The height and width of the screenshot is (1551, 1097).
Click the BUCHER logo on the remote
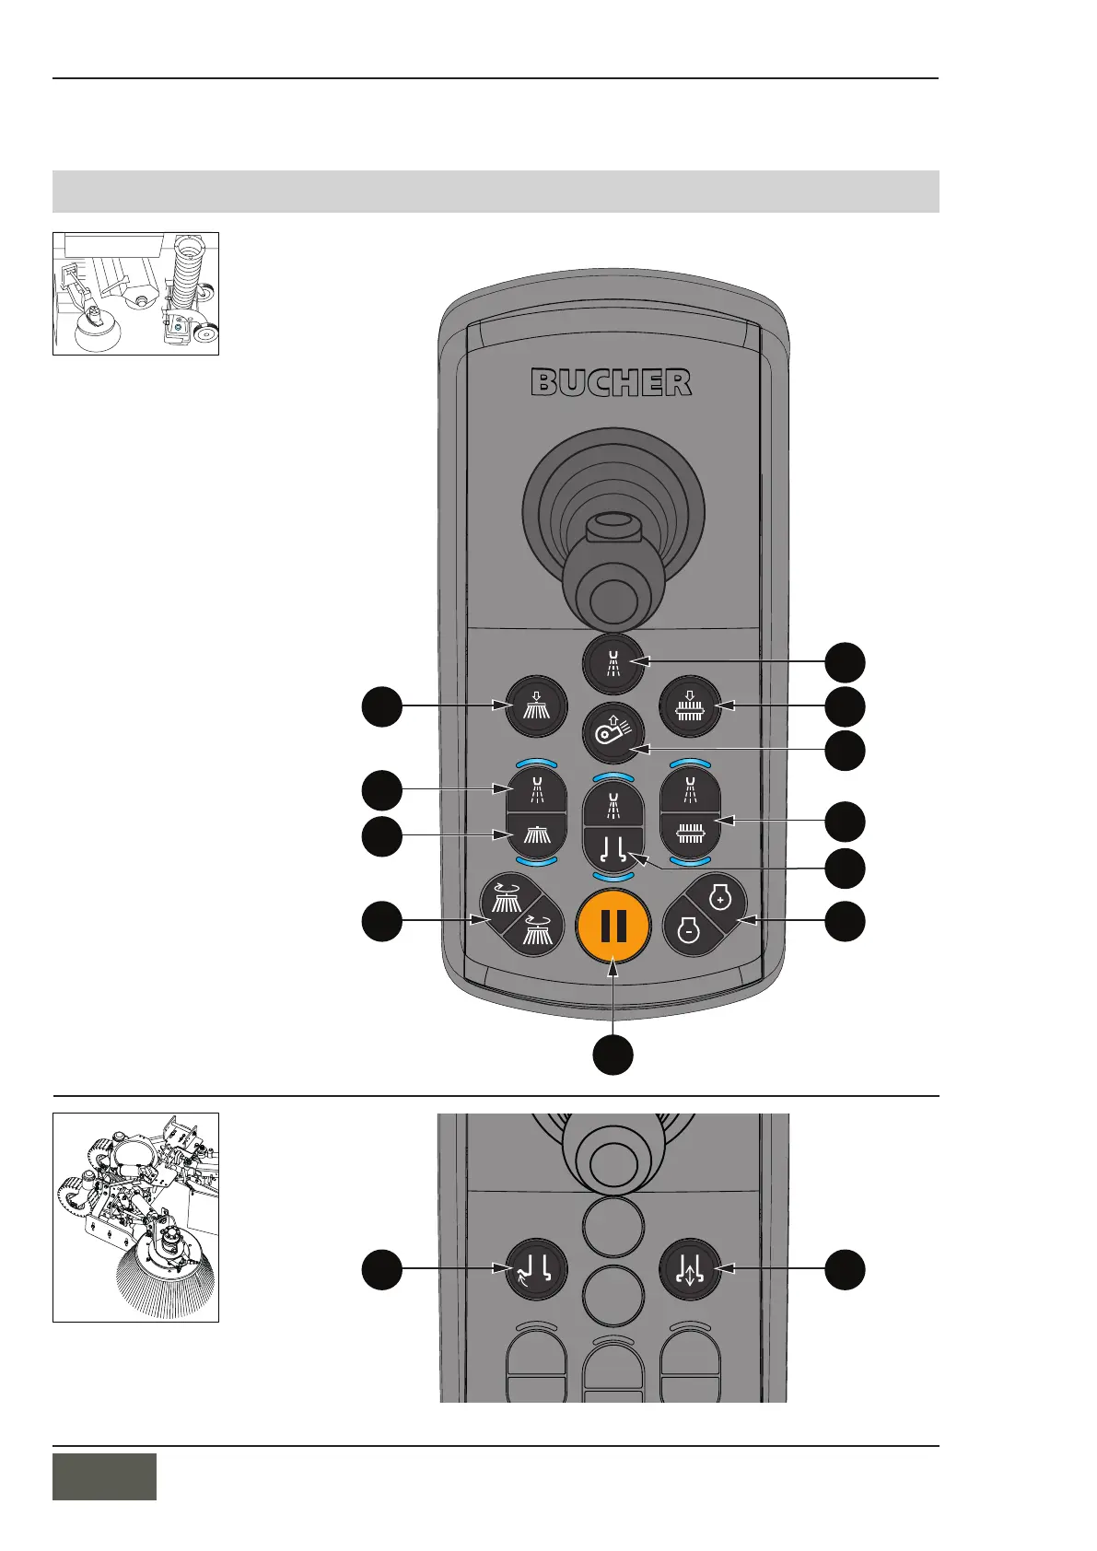click(611, 382)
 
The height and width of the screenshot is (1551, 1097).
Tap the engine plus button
click(720, 898)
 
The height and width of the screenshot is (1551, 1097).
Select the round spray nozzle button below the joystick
click(613, 662)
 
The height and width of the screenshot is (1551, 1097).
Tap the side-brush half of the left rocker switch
click(537, 834)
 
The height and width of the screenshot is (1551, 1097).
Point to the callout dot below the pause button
click(613, 1054)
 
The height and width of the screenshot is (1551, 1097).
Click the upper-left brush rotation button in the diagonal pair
click(508, 898)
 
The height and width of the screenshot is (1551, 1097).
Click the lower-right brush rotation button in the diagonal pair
click(539, 930)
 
